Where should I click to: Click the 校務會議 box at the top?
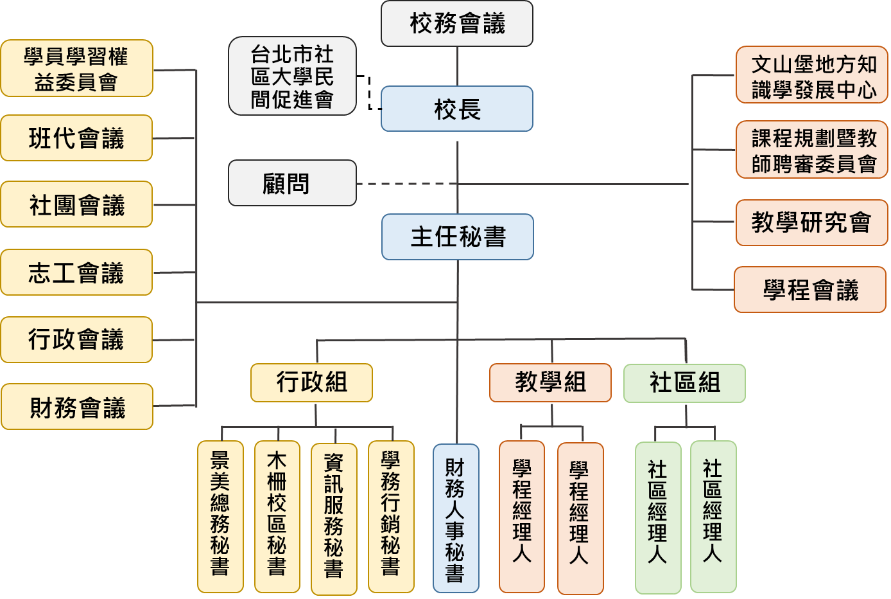[457, 24]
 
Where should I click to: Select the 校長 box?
[457, 109]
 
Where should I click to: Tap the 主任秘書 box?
[458, 237]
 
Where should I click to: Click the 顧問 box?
[292, 184]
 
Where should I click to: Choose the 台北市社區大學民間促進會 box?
[292, 76]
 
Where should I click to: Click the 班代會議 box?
[76, 138]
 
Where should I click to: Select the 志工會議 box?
[76, 273]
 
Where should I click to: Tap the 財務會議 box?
[77, 407]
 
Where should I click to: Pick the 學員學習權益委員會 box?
[76, 69]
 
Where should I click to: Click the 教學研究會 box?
[811, 223]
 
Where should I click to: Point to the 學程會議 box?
[810, 290]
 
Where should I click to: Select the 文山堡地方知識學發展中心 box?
[812, 75]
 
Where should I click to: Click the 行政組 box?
[311, 383]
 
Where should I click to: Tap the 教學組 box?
[550, 383]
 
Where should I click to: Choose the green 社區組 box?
[684, 383]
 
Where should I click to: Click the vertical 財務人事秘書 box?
[456, 518]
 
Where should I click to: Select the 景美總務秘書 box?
[220, 516]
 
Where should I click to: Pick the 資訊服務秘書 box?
[334, 518]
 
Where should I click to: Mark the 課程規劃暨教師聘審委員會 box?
[812, 150]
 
